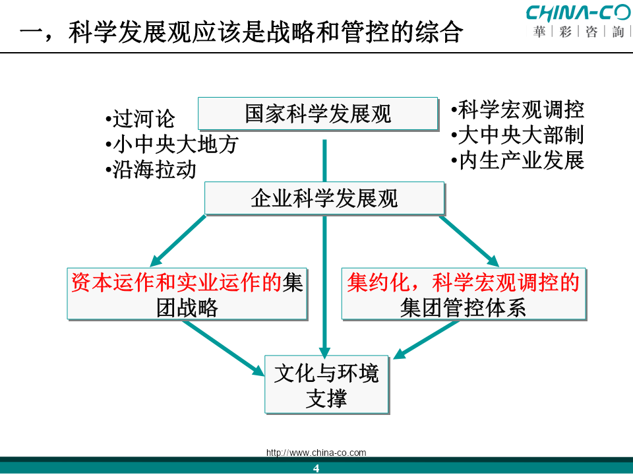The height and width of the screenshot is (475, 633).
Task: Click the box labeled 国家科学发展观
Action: point(318,113)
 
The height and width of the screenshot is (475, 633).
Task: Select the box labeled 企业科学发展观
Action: point(324,198)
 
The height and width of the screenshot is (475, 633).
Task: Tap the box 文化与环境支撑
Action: point(326,385)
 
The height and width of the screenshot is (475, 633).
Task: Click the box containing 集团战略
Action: point(187,294)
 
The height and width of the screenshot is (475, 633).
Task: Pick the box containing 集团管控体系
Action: point(464,294)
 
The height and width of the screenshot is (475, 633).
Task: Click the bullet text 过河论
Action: point(140,119)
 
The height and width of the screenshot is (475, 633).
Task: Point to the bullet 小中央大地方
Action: point(172,144)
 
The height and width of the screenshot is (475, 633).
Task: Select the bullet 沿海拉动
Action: point(151,170)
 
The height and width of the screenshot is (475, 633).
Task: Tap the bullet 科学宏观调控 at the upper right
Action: point(518,110)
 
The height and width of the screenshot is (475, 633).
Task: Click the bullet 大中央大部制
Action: point(518,135)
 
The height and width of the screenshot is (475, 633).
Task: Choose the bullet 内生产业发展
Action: point(518,160)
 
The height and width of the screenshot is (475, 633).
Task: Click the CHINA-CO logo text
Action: point(578,13)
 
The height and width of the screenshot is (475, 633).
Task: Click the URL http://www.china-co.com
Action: point(316,453)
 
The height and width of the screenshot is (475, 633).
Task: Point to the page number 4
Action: point(316,468)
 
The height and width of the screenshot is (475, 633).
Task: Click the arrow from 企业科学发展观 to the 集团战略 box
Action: point(177,241)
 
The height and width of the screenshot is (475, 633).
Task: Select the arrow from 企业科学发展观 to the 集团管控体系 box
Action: point(469,241)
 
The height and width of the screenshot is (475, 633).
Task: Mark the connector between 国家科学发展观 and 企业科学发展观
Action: point(324,161)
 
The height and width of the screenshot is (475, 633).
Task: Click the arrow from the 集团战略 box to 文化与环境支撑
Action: point(224,348)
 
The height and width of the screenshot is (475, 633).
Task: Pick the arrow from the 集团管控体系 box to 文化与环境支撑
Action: point(426,340)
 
